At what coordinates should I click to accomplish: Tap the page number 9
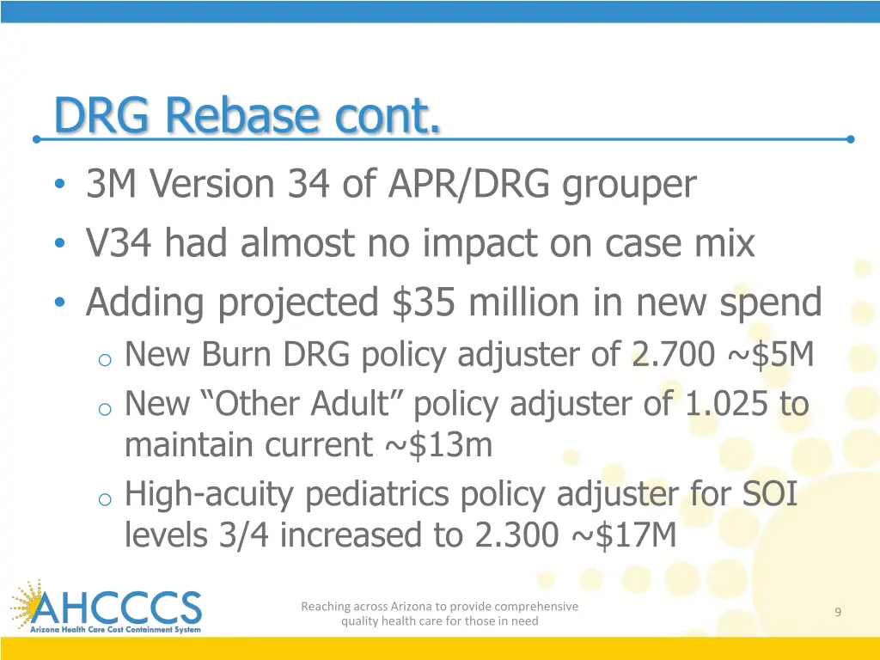pyautogui.click(x=837, y=612)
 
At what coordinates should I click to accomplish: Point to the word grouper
pyautogui.click(x=629, y=186)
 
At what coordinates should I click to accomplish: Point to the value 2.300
pyautogui.click(x=516, y=535)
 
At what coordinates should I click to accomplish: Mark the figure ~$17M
pyautogui.click(x=622, y=535)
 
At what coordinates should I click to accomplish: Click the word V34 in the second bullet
pyautogui.click(x=120, y=244)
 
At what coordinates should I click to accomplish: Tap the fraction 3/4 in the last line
pyautogui.click(x=244, y=535)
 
